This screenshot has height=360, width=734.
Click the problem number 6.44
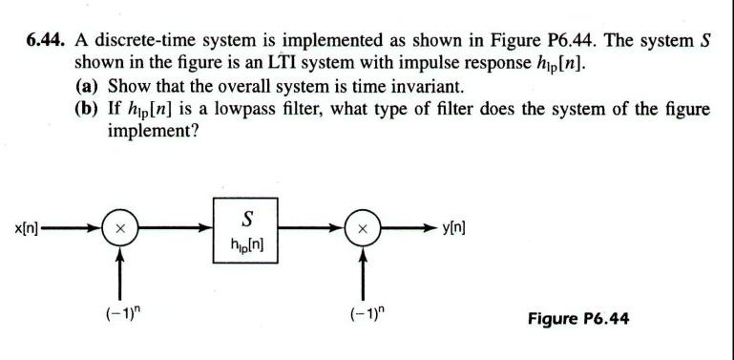coord(45,41)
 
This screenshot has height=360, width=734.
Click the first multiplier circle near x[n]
coord(119,230)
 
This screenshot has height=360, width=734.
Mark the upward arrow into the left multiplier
coord(119,272)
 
